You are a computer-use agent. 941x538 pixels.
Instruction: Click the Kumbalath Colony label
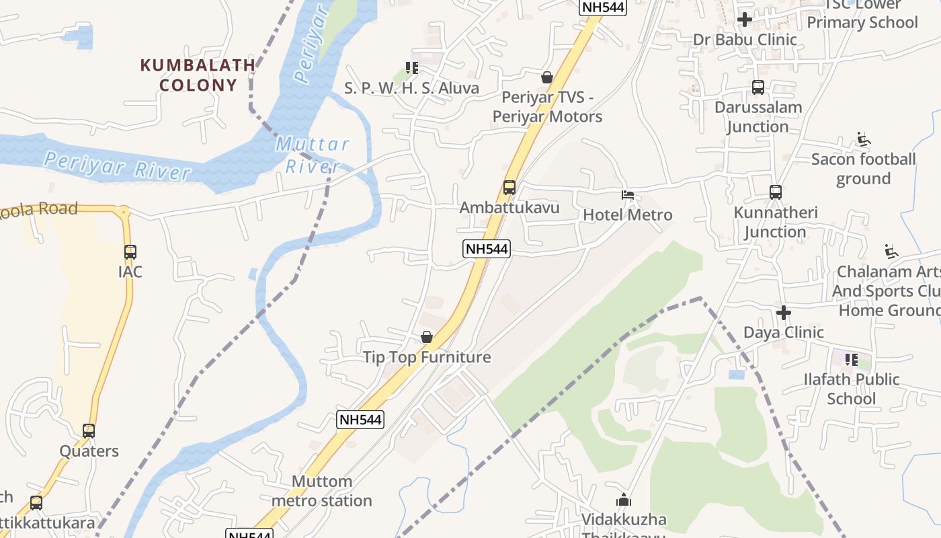[x=198, y=75]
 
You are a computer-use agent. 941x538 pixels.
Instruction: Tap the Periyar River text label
[x=118, y=165]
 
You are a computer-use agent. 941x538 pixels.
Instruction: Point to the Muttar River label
[x=313, y=155]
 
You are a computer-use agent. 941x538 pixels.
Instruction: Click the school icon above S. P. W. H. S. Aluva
[x=412, y=68]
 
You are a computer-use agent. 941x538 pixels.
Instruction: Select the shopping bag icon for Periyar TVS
[x=547, y=77]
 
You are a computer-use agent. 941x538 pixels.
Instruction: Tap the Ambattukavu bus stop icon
[x=509, y=187]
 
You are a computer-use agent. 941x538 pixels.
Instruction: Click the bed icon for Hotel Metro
[x=628, y=195]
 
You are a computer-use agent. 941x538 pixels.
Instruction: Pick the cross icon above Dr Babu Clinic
[x=745, y=19]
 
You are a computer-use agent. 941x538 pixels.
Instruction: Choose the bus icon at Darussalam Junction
[x=758, y=87]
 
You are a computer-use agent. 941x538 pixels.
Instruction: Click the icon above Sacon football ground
[x=864, y=140]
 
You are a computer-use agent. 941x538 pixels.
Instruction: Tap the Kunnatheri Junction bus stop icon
[x=776, y=192]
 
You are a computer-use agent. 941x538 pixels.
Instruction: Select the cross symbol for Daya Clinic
[x=784, y=313]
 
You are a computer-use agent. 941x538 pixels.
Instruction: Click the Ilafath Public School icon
[x=852, y=360]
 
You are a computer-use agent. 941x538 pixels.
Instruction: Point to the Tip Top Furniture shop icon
[x=427, y=337]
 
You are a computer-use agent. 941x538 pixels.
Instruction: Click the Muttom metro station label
[x=322, y=491]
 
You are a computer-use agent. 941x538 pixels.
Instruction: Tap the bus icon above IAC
[x=130, y=252]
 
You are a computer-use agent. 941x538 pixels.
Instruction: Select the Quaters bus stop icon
[x=89, y=431]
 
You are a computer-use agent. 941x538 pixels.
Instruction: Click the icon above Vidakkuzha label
[x=624, y=500]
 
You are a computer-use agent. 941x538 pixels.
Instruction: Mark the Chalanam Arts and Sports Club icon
[x=891, y=252]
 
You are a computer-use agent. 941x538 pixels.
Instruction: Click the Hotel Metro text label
[x=628, y=215]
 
